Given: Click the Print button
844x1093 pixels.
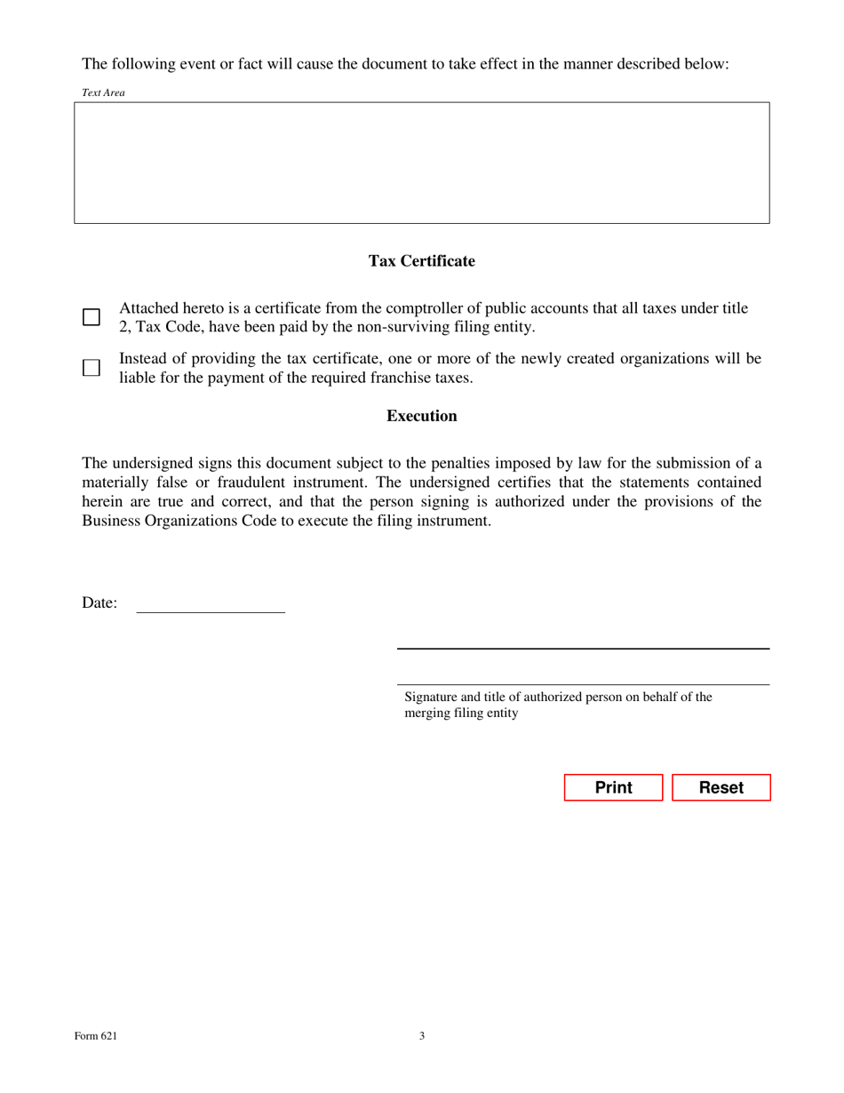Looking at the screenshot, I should (x=613, y=787).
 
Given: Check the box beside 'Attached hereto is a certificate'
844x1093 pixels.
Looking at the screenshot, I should (x=92, y=317).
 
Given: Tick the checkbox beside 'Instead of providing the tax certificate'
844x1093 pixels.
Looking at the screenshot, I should (x=92, y=368).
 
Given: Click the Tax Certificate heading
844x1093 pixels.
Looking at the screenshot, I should (x=421, y=261).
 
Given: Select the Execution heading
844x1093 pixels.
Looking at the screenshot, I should (x=421, y=416).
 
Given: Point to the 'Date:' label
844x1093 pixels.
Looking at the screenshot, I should (x=100, y=603).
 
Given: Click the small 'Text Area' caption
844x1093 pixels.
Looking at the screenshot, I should (x=103, y=92).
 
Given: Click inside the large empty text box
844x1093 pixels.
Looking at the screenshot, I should (x=421, y=163).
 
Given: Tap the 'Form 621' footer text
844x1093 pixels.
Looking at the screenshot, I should (x=96, y=1035).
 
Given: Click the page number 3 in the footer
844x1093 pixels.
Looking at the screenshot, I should (x=422, y=1035).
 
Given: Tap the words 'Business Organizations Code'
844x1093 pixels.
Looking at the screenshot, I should (x=172, y=521).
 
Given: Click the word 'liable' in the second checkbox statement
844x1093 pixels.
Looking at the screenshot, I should (x=138, y=378).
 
